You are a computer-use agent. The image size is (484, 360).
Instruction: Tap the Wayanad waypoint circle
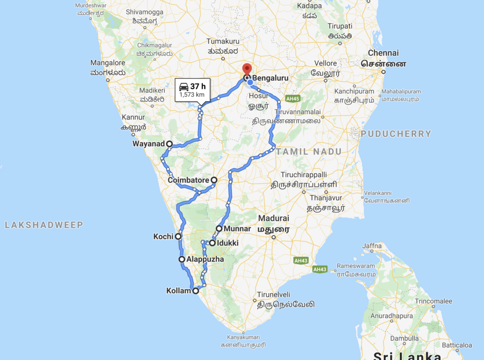[169, 144]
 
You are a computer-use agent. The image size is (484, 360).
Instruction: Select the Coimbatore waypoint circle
[214, 180]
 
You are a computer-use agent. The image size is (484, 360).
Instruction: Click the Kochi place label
[163, 236]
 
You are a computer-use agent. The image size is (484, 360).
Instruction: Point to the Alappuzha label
[205, 259]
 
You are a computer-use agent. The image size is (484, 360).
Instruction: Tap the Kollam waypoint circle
[195, 290]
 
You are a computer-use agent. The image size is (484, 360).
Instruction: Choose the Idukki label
[228, 243]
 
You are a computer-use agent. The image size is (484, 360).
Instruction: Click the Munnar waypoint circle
[219, 228]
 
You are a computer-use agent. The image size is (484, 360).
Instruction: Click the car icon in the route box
[184, 86]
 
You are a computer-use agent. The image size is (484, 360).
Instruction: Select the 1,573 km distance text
[193, 95]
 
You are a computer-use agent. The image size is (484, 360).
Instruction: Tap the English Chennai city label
[383, 53]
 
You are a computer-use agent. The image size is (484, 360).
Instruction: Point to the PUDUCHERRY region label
[396, 134]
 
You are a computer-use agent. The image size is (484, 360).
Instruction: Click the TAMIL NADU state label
[309, 151]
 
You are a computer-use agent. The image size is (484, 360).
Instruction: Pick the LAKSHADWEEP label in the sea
[44, 225]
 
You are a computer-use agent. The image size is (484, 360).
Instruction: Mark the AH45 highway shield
[292, 99]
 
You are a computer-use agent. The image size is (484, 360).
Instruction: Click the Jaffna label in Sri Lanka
[372, 246]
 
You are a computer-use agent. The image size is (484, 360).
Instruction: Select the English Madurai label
[273, 218]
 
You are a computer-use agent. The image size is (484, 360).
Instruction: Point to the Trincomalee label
[434, 301]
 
